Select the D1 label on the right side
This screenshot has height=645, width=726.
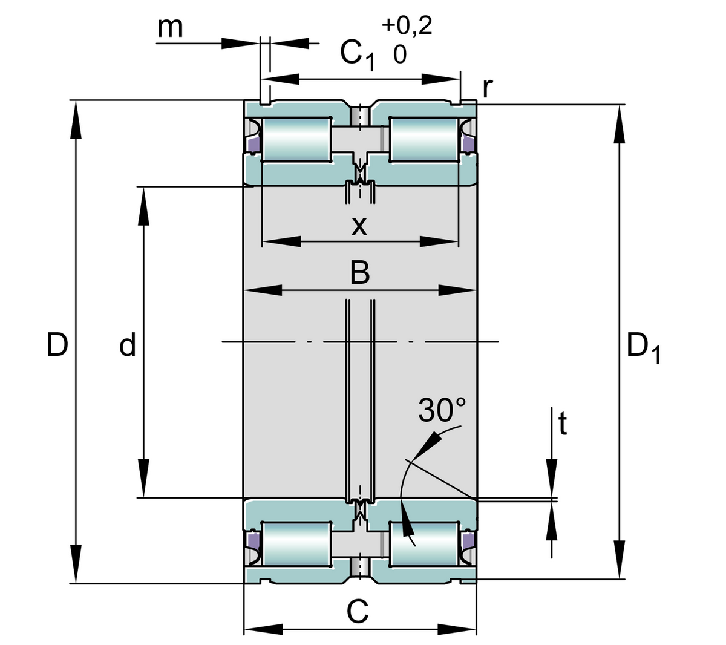tap(643, 349)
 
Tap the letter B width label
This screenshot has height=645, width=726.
tap(360, 273)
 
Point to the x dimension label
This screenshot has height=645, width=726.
tap(359, 226)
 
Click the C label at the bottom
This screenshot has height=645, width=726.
tap(358, 612)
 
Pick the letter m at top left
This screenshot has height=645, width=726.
tap(169, 27)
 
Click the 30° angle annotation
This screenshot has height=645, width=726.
tap(443, 411)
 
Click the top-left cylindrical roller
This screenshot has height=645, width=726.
tap(296, 139)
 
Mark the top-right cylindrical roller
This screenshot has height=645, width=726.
tap(423, 139)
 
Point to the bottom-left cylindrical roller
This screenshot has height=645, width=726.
tap(296, 544)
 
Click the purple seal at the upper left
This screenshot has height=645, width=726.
tap(253, 144)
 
